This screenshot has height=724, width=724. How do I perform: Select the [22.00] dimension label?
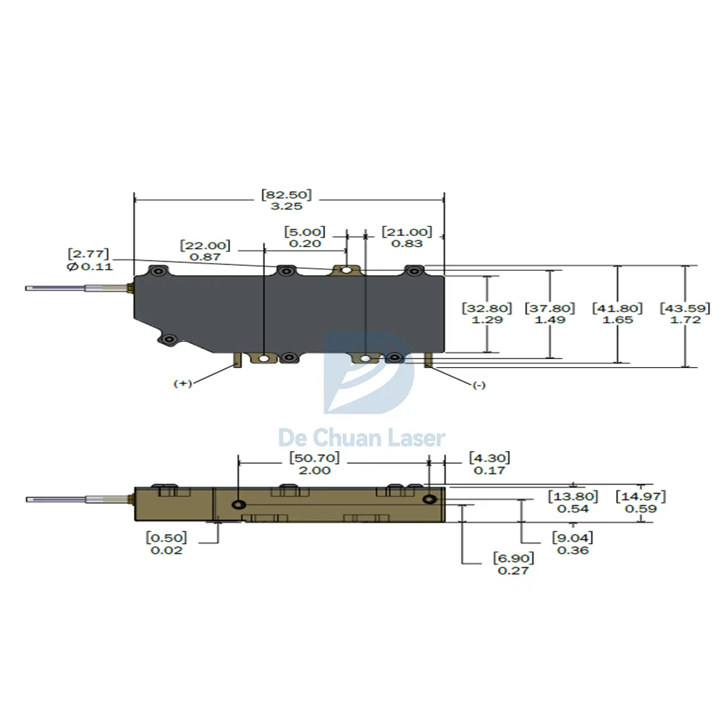coord(205,245)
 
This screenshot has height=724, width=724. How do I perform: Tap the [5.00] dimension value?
coord(304,232)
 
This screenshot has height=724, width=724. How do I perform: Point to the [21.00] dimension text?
coord(406,232)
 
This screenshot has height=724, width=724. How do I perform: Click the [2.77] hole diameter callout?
coord(88,254)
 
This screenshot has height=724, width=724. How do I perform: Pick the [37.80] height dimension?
coord(550,308)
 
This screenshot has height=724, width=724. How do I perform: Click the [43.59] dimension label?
coord(684,308)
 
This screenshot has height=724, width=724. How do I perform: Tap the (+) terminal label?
coord(182,384)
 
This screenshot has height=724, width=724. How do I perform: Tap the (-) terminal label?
coord(479,385)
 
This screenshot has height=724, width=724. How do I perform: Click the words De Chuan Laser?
coord(362,437)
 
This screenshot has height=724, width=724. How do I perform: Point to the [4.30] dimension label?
coord(489,458)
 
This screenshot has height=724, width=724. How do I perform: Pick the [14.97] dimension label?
coord(641,497)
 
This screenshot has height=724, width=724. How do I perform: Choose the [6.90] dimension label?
coord(513,558)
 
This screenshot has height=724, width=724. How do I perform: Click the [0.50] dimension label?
coord(166,538)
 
